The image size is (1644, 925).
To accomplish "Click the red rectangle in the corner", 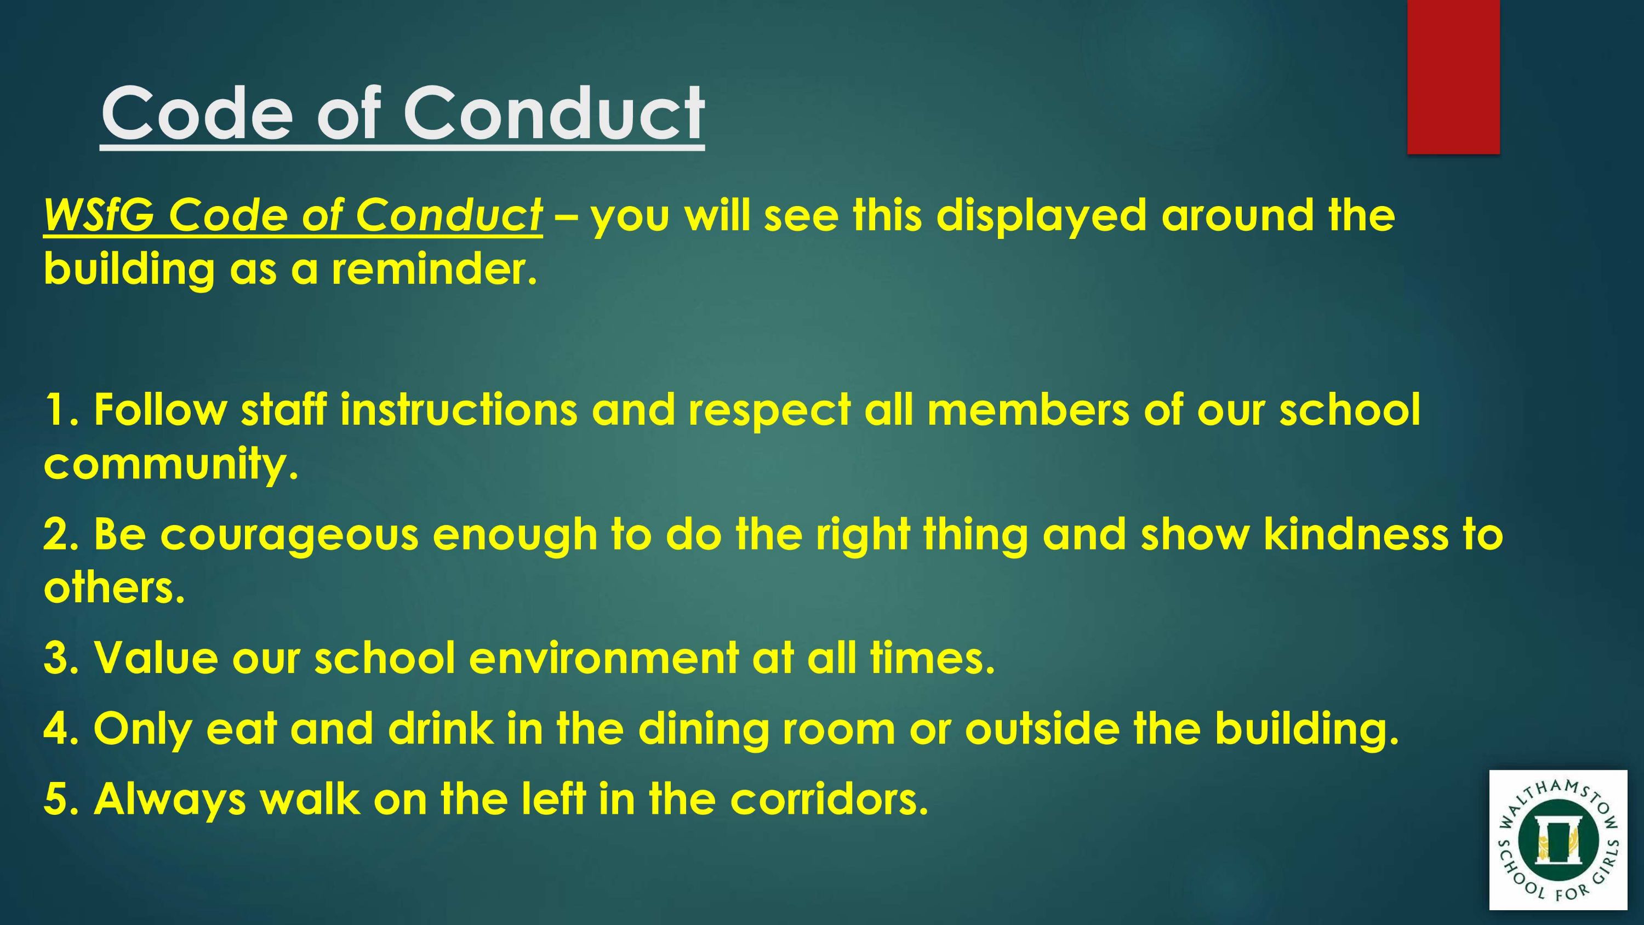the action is pos(1453,77).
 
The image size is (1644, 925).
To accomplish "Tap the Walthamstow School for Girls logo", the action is pos(1558,840).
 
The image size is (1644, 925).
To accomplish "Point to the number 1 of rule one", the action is pos(55,409).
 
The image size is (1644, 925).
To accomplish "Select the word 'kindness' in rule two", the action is pos(1356,534).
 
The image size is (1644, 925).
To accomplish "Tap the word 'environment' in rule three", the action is pos(603,658).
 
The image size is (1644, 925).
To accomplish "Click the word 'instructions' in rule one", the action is pos(458,409).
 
